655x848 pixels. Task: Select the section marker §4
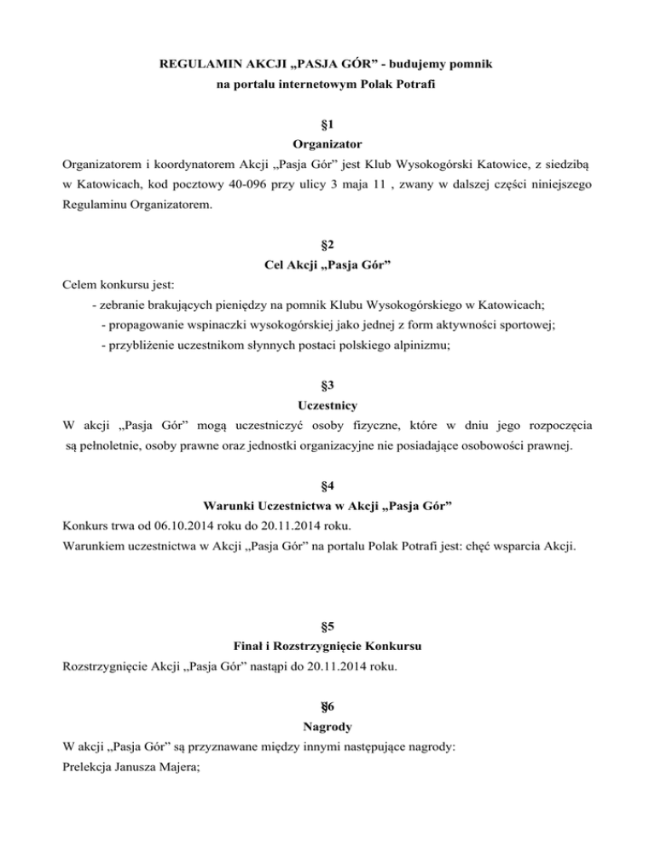tap(327, 487)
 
